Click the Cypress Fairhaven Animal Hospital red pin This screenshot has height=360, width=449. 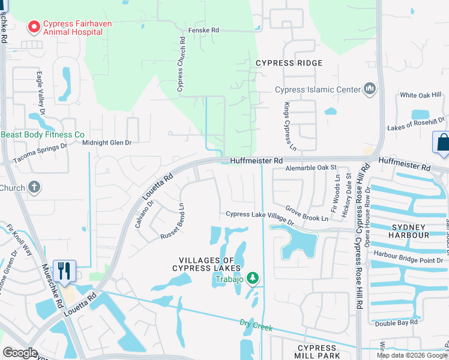[x=34, y=27]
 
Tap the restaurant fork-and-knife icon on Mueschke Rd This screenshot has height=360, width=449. [x=64, y=271]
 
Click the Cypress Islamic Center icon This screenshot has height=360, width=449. [x=369, y=90]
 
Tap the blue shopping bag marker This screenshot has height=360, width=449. [x=441, y=143]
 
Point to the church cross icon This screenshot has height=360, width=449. [x=35, y=187]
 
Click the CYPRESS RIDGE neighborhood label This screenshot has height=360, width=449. [x=289, y=63]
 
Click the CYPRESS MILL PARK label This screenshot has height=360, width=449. [x=316, y=352]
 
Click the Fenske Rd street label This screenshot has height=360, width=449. [x=203, y=29]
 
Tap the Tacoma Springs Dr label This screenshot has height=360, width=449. [x=40, y=161]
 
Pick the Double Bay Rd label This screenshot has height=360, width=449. [x=396, y=323]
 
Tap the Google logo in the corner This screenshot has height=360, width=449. [x=20, y=353]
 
